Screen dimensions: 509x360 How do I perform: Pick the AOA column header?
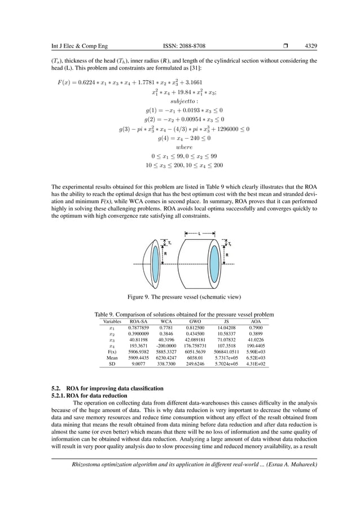tap(256, 321)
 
